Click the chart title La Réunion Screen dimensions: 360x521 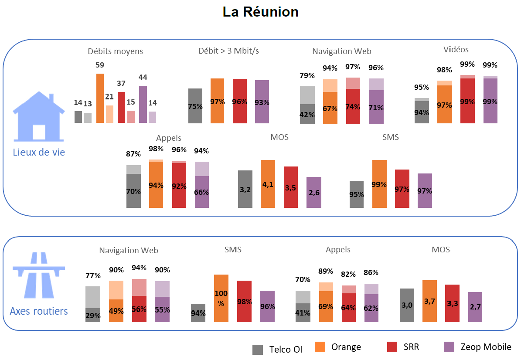[x=260, y=12]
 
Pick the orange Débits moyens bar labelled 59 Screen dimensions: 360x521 [x=100, y=98]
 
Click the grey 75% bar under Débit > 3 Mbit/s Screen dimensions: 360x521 [x=195, y=106]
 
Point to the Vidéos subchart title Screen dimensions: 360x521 [x=456, y=50]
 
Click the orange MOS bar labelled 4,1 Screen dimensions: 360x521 [x=268, y=184]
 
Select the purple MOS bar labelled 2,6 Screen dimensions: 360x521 [x=314, y=192]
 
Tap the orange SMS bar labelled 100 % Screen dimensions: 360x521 [x=221, y=298]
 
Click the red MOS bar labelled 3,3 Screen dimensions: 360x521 [x=452, y=303]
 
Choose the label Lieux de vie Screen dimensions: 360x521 [x=39, y=153]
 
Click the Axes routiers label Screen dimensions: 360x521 [x=39, y=311]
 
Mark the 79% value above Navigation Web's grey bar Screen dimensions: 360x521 [x=307, y=76]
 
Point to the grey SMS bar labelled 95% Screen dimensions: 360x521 [x=357, y=194]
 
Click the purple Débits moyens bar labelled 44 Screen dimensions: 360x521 [x=143, y=104]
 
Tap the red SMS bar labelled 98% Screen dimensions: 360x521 [x=244, y=301]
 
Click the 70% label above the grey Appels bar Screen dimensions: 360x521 [x=303, y=280]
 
